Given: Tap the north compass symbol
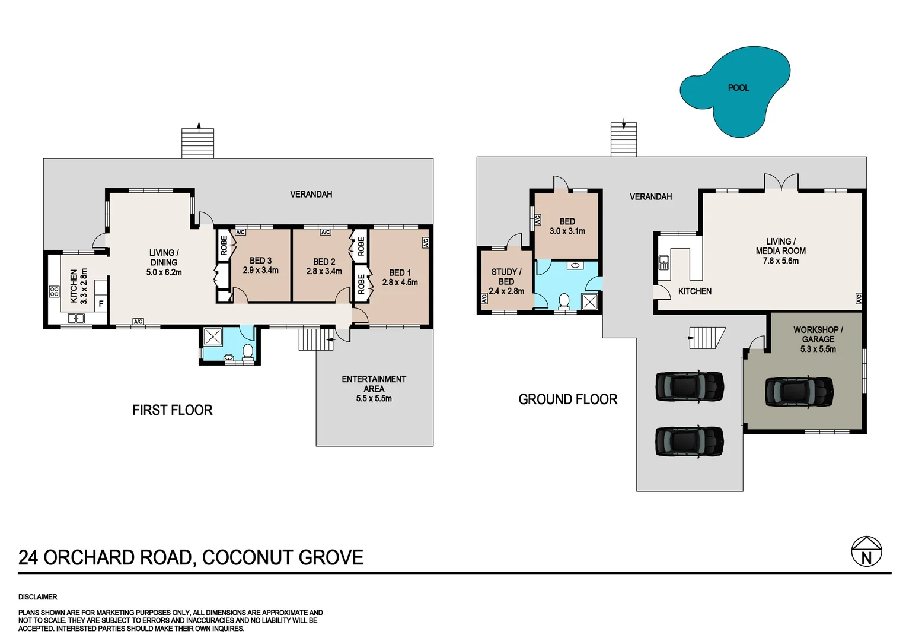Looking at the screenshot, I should coord(866,552).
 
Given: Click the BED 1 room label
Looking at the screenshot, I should coord(400,272).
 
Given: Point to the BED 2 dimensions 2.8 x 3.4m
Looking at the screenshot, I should coord(324,271).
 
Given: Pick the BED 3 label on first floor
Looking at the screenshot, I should coord(260,261).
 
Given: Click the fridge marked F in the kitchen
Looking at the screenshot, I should coord(101,304).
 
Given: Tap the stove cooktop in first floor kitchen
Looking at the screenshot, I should coord(54,291).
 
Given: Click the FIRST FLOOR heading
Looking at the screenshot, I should coord(172,410).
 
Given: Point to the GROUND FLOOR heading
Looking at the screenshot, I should coord(567,399).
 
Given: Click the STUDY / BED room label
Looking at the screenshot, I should coord(506,277).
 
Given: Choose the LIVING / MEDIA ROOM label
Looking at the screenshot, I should coord(780,246).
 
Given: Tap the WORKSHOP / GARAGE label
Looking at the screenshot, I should coord(818,334).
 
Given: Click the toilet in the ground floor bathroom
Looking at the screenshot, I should coord(564,301).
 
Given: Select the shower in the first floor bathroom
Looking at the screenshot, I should coord(213,337).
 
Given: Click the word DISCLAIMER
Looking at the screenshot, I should coord(38,597).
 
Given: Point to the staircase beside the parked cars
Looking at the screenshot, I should coord(706,338).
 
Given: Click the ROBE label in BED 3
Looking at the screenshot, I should coord(224,245).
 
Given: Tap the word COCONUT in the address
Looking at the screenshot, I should coord(248,558).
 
